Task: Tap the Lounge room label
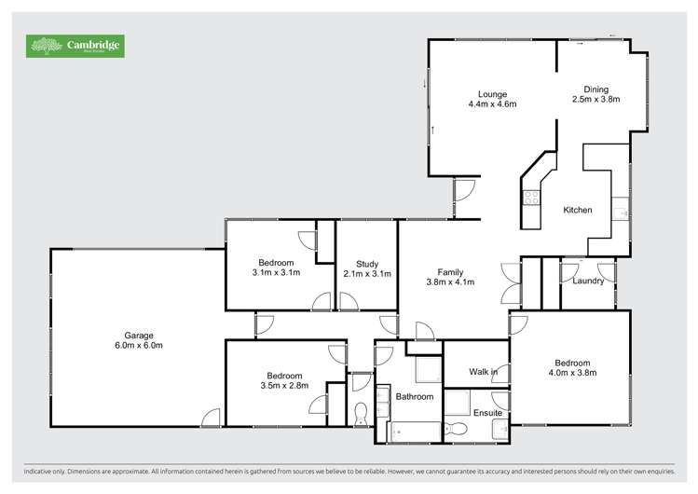[492, 93]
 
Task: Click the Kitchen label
[578, 210]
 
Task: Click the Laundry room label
[589, 280]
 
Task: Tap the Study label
[366, 264]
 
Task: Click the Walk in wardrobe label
[483, 372]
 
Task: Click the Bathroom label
[415, 396]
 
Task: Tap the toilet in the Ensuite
[457, 429]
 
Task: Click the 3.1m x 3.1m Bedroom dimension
[275, 273]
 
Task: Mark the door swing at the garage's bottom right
[212, 417]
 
